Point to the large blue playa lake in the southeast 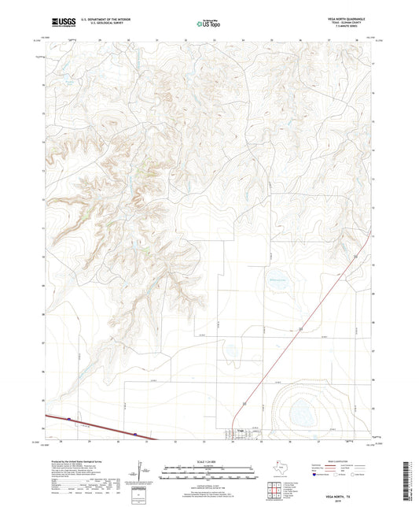301,411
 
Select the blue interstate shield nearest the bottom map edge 135,433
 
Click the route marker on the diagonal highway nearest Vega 245,403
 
